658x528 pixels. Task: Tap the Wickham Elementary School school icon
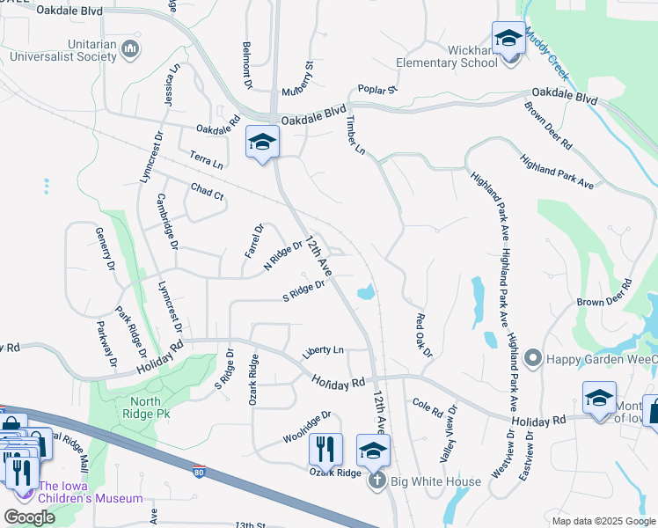[x=508, y=39]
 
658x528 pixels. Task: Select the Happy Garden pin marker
[x=531, y=359]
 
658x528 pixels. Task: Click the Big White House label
[x=436, y=481]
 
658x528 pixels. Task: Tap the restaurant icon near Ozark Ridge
[x=325, y=450]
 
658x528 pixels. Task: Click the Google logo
[x=28, y=517]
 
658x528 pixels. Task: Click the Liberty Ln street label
[x=323, y=351]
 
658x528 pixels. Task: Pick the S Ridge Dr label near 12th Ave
[x=303, y=290]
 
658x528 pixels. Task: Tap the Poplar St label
[x=378, y=89]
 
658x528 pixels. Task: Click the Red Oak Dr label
[x=424, y=335]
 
